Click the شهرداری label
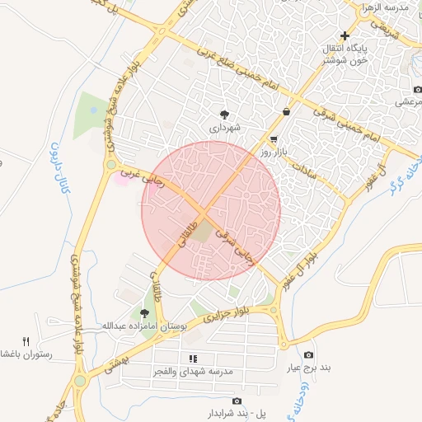[224, 129]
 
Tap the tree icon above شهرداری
[224, 115]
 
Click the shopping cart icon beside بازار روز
[274, 139]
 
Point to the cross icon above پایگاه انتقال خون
[345, 35]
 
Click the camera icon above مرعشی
[416, 90]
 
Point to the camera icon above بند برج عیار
[308, 355]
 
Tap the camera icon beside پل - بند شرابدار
[237, 401]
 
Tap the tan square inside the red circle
[202, 234]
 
